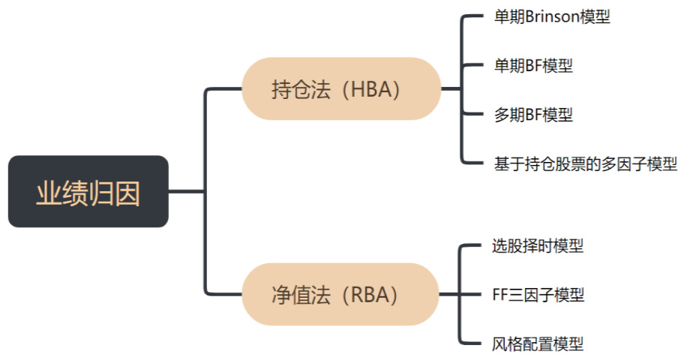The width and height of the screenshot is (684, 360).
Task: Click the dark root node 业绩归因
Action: pyautogui.click(x=88, y=191)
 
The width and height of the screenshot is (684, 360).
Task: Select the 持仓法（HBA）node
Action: pyautogui.click(x=340, y=88)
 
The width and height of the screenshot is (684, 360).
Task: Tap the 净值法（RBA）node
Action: pyautogui.click(x=340, y=294)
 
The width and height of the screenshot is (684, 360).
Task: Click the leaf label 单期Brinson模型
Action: pyautogui.click(x=551, y=16)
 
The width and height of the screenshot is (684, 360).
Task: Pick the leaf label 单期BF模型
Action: pyautogui.click(x=532, y=65)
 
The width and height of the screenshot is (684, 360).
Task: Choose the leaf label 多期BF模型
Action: pyautogui.click(x=532, y=115)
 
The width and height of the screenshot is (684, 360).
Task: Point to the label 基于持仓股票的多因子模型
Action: pyautogui.click(x=585, y=163)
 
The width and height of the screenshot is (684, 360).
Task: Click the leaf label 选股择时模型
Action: pyautogui.click(x=538, y=245)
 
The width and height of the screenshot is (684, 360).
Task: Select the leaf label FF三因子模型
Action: pyautogui.click(x=538, y=294)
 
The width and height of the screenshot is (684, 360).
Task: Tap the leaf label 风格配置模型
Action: pyautogui.click(x=538, y=343)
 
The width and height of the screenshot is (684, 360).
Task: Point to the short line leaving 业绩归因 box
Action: pyautogui.click(x=186, y=191)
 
